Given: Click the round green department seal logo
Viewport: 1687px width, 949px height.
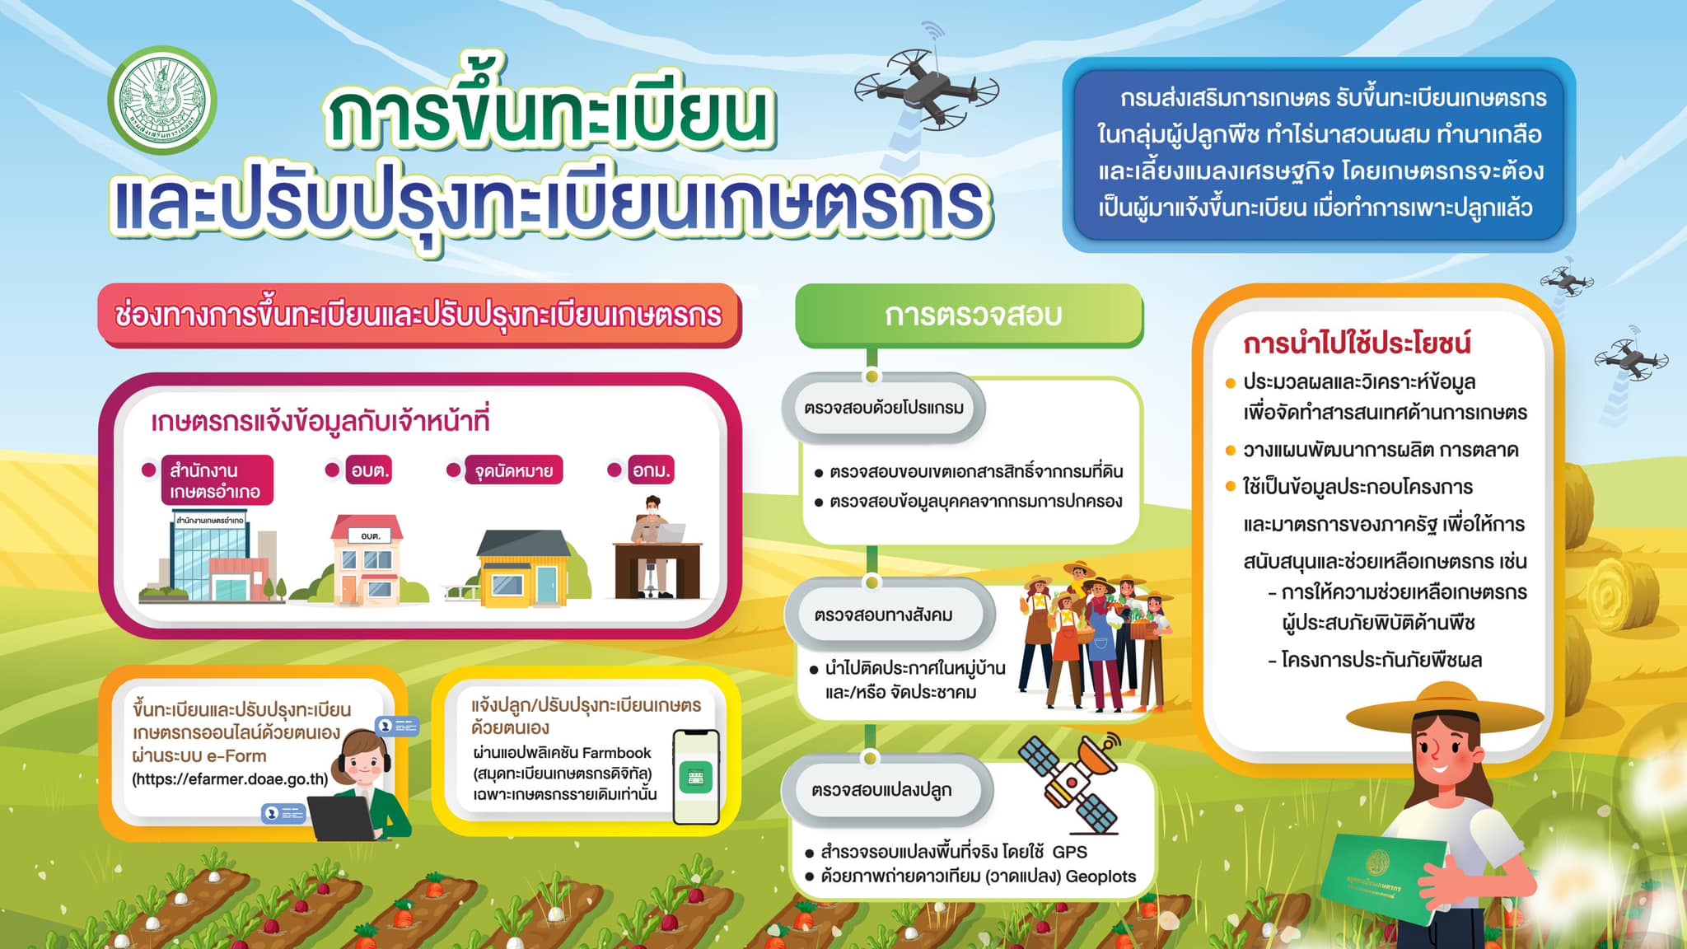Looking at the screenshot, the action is tap(162, 101).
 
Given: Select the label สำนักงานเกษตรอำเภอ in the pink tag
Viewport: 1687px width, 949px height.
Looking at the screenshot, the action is tap(217, 481).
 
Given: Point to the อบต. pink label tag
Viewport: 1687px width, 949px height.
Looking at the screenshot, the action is tap(369, 470).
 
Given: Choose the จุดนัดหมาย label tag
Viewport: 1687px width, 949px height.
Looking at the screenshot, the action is tap(514, 470).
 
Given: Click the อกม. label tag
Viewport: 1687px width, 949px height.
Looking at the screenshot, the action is tap(651, 470).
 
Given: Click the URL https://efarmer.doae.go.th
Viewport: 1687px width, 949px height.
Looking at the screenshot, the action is tap(230, 779).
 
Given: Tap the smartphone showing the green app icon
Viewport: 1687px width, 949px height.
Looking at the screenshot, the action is tap(696, 777).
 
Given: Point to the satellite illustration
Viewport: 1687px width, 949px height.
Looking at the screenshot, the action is tap(1068, 779).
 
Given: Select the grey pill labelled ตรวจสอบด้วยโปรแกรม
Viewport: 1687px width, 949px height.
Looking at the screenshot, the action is tap(883, 408).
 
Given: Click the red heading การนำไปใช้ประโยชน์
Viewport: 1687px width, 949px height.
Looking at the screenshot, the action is tap(1357, 344).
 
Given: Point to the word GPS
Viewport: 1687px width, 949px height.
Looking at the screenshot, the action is tap(1069, 852).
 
